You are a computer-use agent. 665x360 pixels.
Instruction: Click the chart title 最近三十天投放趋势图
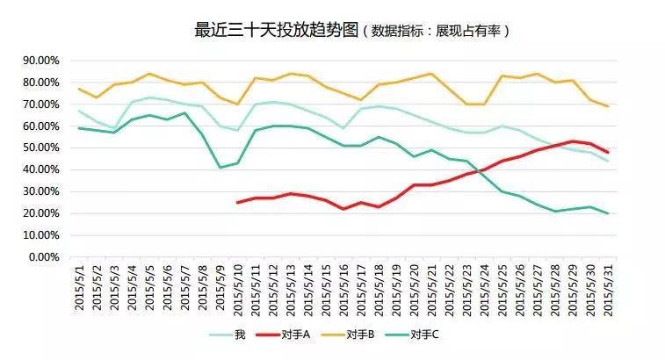point(277,30)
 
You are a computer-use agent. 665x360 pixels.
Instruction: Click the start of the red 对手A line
point(237,203)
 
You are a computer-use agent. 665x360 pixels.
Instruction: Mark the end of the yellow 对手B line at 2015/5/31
point(607,106)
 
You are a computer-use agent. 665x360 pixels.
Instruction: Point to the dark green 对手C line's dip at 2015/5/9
point(220,168)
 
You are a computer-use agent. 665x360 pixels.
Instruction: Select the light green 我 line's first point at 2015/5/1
point(80,111)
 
